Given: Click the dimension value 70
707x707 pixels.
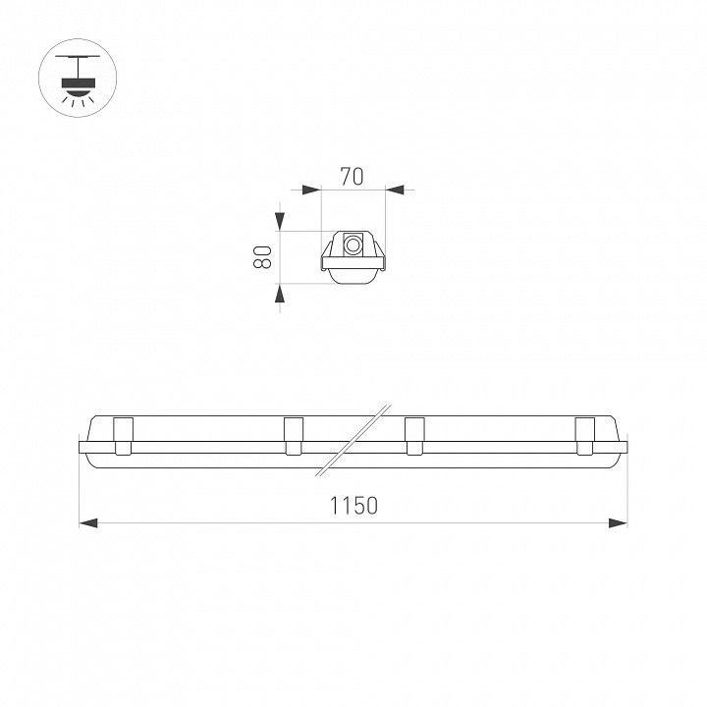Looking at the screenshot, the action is tap(352, 177).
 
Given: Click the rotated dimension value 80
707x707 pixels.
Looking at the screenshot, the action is tap(262, 257).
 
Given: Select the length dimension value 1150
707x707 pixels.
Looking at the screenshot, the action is tap(353, 506).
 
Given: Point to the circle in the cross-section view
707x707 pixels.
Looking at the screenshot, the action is tap(353, 245).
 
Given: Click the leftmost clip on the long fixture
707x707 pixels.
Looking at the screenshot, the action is tap(124, 436).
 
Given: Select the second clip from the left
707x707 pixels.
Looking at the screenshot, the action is tap(294, 436).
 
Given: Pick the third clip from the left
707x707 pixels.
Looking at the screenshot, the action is tap(414, 436).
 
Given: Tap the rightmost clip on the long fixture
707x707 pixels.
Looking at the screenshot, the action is tap(585, 436).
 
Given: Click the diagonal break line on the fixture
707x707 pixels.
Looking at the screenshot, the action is tap(353, 440).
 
